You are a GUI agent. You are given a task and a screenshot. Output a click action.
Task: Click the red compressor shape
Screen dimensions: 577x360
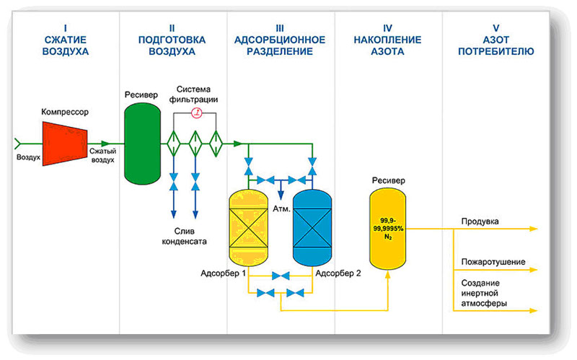(x=65, y=144)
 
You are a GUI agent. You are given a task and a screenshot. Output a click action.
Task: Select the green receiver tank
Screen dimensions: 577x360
(x=142, y=144)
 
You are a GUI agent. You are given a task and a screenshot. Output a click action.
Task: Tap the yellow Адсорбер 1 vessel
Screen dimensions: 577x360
(x=248, y=227)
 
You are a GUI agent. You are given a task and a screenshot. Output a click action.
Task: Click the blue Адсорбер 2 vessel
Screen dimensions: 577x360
(x=312, y=227)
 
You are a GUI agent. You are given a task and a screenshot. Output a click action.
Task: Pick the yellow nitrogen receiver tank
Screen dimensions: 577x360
(x=387, y=229)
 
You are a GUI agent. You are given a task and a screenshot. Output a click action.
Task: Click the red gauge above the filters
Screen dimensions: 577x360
(x=197, y=113)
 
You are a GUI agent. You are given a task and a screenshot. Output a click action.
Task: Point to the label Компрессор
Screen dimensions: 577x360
(x=65, y=112)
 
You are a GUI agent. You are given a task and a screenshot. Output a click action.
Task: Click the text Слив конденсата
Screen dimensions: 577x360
(x=185, y=237)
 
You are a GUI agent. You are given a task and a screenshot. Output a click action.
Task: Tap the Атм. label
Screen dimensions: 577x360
(x=281, y=209)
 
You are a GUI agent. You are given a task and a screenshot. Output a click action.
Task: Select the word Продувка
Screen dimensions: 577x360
(x=480, y=221)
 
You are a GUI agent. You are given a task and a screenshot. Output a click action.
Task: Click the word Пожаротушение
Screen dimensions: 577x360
(x=493, y=262)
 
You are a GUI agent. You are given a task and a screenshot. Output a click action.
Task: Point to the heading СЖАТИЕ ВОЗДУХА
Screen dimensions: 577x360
(x=66, y=45)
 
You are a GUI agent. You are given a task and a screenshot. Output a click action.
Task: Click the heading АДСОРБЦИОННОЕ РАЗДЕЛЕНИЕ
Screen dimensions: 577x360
(x=280, y=45)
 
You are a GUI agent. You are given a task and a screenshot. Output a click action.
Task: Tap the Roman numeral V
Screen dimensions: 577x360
(x=495, y=28)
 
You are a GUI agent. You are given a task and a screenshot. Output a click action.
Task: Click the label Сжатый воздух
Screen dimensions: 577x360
(x=102, y=155)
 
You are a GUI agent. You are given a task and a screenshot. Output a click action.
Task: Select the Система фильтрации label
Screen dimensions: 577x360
(x=193, y=95)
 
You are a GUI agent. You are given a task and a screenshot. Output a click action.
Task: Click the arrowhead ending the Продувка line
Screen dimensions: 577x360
(x=534, y=229)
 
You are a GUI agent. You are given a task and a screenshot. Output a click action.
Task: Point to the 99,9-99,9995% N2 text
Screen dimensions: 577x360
(x=388, y=229)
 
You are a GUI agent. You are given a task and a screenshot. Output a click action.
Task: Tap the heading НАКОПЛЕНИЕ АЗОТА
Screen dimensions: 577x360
(x=387, y=45)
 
